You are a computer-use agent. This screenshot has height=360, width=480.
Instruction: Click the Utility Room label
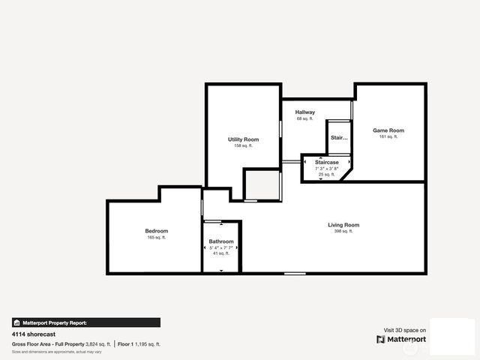click(x=243, y=139)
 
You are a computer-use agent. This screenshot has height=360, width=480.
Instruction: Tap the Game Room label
click(x=388, y=130)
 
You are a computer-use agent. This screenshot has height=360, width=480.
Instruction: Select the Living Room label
click(x=343, y=225)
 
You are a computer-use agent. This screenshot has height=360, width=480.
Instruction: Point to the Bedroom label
click(x=156, y=230)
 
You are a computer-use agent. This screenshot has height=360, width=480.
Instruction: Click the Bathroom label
click(x=221, y=241)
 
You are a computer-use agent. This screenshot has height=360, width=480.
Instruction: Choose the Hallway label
click(x=304, y=112)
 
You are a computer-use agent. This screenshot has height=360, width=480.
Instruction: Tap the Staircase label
click(x=326, y=162)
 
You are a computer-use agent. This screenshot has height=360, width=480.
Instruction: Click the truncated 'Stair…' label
click(x=339, y=138)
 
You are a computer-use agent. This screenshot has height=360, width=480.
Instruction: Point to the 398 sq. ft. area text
click(x=343, y=232)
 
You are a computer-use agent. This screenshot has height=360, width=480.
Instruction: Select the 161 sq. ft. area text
click(x=388, y=137)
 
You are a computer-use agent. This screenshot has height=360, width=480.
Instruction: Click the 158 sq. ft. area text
click(x=243, y=146)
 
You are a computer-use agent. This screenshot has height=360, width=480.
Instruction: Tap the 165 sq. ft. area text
click(x=156, y=237)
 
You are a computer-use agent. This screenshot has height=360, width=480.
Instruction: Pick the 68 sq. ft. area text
click(x=304, y=119)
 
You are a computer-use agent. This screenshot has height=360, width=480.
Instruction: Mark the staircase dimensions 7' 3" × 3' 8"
click(x=326, y=169)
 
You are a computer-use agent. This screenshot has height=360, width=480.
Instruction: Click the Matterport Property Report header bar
click(x=85, y=322)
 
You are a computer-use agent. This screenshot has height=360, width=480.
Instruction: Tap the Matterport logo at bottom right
click(x=401, y=339)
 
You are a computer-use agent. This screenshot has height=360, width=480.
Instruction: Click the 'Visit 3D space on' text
click(x=405, y=330)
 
